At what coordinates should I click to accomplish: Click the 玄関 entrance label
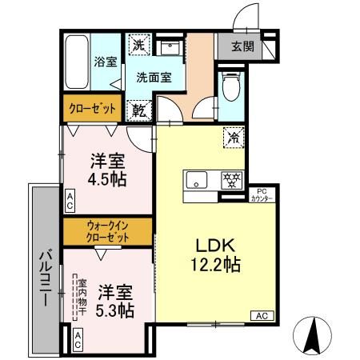click(242, 46)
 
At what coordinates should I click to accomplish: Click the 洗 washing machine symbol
click(139, 47)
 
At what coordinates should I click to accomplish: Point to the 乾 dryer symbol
click(139, 108)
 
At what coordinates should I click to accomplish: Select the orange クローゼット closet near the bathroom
click(90, 108)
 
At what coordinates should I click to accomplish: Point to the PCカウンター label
click(264, 194)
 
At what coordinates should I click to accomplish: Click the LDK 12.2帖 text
click(211, 254)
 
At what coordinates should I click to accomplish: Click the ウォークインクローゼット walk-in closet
click(106, 232)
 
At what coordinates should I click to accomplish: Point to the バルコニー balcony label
click(44, 275)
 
